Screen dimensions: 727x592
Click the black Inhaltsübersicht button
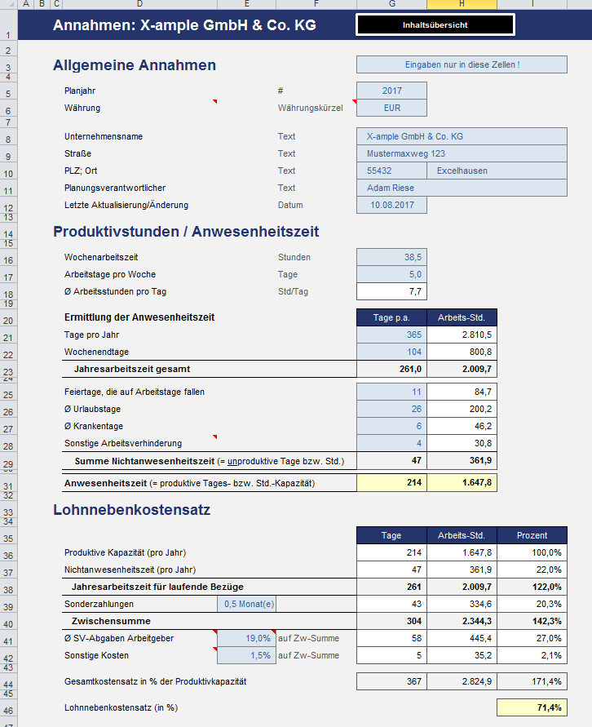pos(435,25)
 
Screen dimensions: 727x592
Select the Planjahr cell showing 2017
pos(391,91)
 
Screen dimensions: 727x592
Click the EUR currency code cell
pos(391,108)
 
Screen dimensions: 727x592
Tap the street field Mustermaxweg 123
pos(462,153)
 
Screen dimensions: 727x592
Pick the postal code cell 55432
pos(391,171)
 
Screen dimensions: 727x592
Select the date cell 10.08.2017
pos(391,205)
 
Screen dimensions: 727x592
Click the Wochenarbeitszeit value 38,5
pos(391,257)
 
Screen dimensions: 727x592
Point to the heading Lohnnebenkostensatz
pos(132,511)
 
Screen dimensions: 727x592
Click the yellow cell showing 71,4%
pos(532,707)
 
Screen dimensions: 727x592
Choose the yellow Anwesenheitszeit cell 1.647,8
pos(462,483)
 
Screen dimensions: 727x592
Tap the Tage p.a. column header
pos(391,317)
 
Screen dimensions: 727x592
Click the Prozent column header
pos(532,535)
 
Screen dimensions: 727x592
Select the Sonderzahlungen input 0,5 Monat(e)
pos(246,604)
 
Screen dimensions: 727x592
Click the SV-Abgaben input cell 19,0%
pos(246,638)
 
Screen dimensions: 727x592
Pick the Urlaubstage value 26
pos(391,409)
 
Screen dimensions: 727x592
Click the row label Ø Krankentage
pos(95,426)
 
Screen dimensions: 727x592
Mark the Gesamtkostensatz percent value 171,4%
pos(532,680)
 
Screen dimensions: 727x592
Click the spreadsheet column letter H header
pos(462,4)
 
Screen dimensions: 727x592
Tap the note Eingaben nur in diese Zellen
pos(462,64)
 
